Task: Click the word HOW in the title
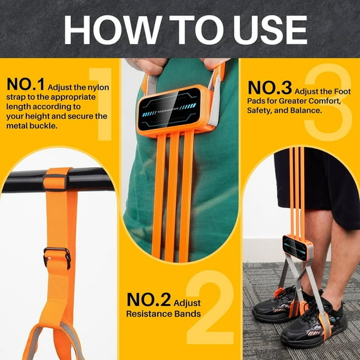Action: (x=104, y=29)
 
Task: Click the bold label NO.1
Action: (x=25, y=84)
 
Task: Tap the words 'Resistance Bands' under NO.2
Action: (x=163, y=314)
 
